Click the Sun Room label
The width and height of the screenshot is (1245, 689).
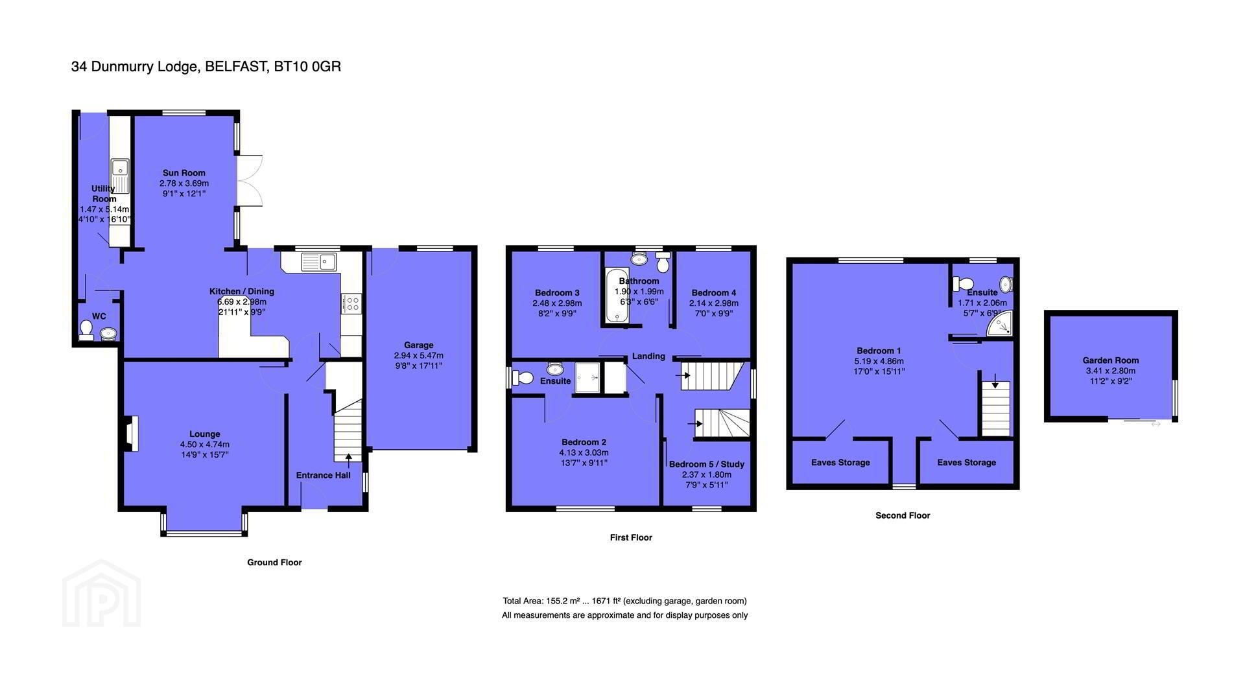pyautogui.click(x=184, y=173)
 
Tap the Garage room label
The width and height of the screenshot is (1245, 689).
pyautogui.click(x=418, y=345)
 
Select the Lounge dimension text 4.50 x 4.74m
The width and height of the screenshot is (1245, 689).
pyautogui.click(x=205, y=445)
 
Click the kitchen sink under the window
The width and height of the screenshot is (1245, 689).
pyautogui.click(x=318, y=262)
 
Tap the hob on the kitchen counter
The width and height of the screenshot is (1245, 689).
pyautogui.click(x=351, y=304)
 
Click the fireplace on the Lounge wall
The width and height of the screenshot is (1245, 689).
pyautogui.click(x=128, y=434)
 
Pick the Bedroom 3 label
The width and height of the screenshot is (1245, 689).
pyautogui.click(x=557, y=293)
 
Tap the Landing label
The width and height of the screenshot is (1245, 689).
pyautogui.click(x=648, y=356)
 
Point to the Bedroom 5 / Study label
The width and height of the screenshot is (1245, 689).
pyautogui.click(x=707, y=465)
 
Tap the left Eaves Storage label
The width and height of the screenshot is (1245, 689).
pyautogui.click(x=840, y=463)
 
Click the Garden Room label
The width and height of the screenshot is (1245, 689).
pyautogui.click(x=1111, y=360)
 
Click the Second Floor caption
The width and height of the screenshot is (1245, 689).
pyautogui.click(x=903, y=516)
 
